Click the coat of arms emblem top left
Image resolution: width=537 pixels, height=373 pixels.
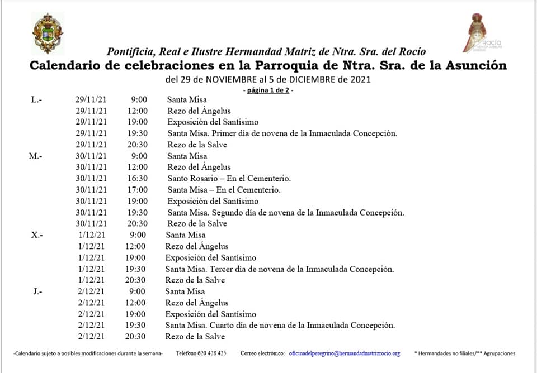point(48,34)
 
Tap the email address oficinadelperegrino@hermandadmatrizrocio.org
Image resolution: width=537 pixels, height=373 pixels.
point(344,353)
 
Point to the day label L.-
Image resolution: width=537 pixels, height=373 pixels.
point(37,99)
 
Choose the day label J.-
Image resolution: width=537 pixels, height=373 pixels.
point(37,291)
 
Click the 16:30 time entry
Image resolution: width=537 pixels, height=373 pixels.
point(136,179)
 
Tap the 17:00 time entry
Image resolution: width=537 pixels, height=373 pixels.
point(136,190)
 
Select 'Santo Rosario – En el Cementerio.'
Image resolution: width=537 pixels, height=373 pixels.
point(229,179)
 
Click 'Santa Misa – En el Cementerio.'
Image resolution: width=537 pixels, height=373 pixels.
point(224,190)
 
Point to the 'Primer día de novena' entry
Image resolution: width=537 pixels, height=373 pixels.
point(282,133)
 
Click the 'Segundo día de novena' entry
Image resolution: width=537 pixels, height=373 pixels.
point(285,213)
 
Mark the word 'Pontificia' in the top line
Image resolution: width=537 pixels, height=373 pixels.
point(130,52)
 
